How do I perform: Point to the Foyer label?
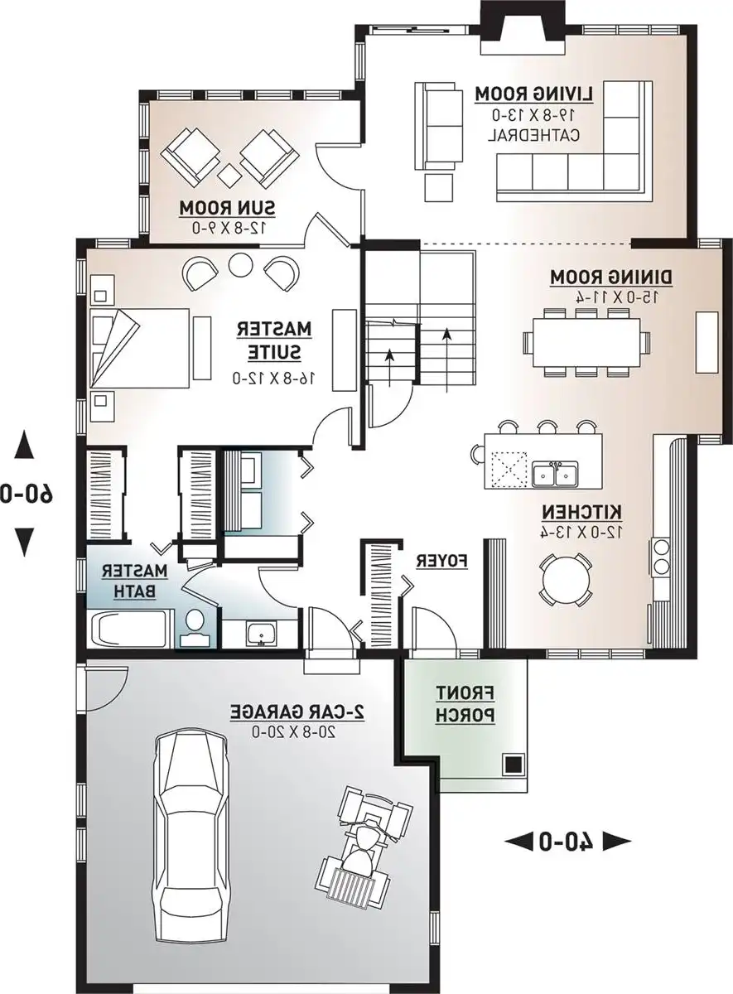click(x=441, y=561)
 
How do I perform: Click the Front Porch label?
click(x=465, y=704)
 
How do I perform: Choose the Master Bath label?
click(x=135, y=580)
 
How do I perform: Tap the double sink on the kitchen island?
click(x=556, y=475)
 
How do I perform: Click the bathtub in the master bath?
click(x=131, y=629)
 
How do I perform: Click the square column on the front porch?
click(x=514, y=763)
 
